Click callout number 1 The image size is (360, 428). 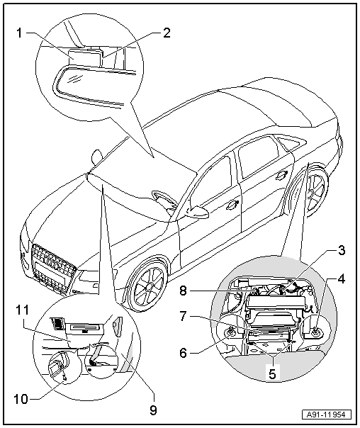19,34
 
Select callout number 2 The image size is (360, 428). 167,33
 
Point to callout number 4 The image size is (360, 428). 341,279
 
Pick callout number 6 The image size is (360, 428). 183,353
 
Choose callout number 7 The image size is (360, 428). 183,317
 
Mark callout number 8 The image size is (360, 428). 183,291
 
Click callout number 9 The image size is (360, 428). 154,410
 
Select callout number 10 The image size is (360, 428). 21,400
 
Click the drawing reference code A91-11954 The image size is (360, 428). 326,415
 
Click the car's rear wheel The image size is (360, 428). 316,189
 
